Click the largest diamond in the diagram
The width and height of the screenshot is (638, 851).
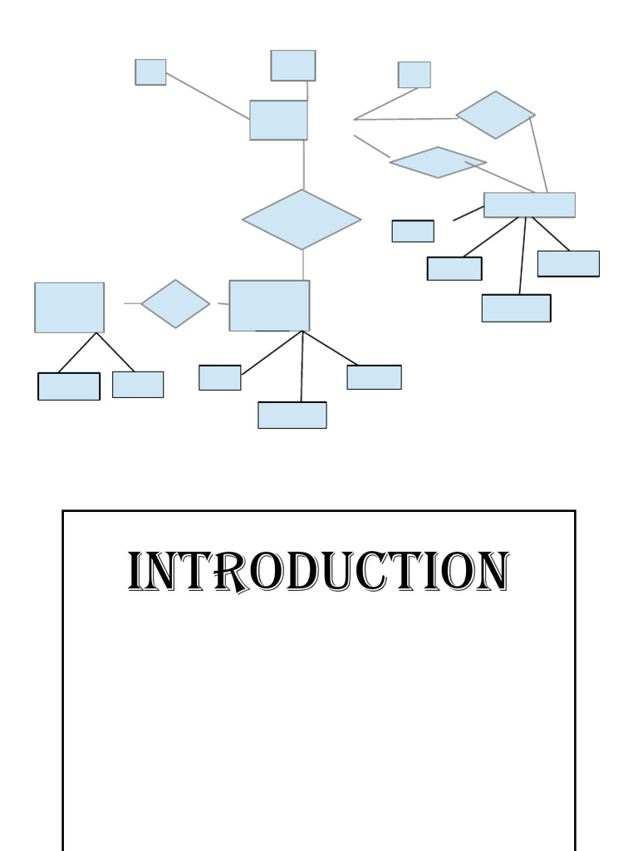pos(302,219)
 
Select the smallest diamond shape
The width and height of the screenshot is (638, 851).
pos(175,303)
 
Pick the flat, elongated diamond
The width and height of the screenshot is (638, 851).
pos(438,162)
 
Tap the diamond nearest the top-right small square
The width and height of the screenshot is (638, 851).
pos(495,115)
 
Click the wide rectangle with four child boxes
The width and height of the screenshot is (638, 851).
pos(529,204)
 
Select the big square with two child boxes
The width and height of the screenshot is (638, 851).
pos(69,307)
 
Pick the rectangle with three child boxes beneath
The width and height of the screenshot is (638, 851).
pos(269,305)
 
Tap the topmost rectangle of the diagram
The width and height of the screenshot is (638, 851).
pos(292,66)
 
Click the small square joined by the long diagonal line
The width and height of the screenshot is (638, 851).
pos(150,72)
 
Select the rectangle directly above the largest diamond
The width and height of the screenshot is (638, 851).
pos(278,120)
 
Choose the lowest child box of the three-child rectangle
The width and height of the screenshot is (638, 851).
pos(292,415)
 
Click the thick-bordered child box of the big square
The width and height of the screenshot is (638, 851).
pos(69,386)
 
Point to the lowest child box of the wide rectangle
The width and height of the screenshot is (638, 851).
pos(516,307)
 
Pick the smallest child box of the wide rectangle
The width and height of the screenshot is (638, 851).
pos(413,231)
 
